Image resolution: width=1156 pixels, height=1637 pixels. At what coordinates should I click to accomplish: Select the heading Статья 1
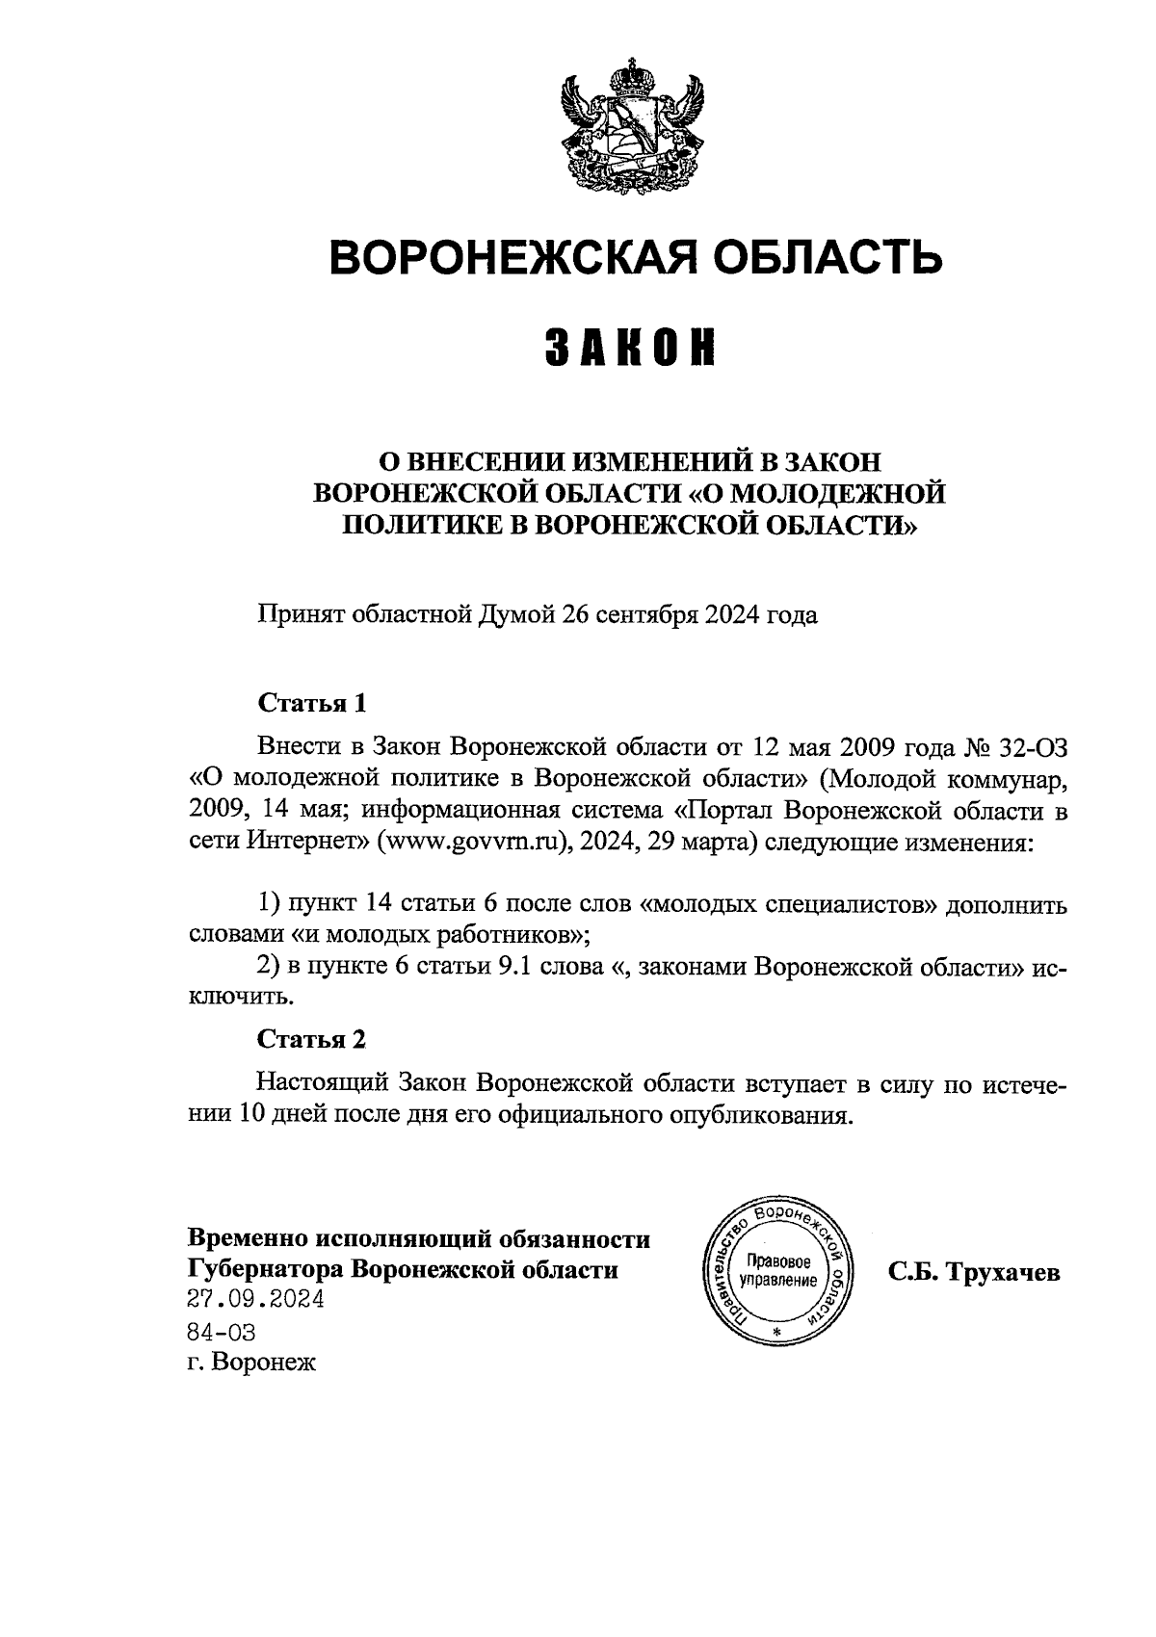pos(312,702)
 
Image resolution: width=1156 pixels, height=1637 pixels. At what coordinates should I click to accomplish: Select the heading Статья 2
pos(312,1039)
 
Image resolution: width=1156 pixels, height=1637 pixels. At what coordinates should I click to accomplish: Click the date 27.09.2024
pos(255,1300)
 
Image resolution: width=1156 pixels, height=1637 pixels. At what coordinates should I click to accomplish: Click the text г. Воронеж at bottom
pos(251,1363)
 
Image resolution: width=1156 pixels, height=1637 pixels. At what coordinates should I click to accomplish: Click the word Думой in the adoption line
pos(517,614)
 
